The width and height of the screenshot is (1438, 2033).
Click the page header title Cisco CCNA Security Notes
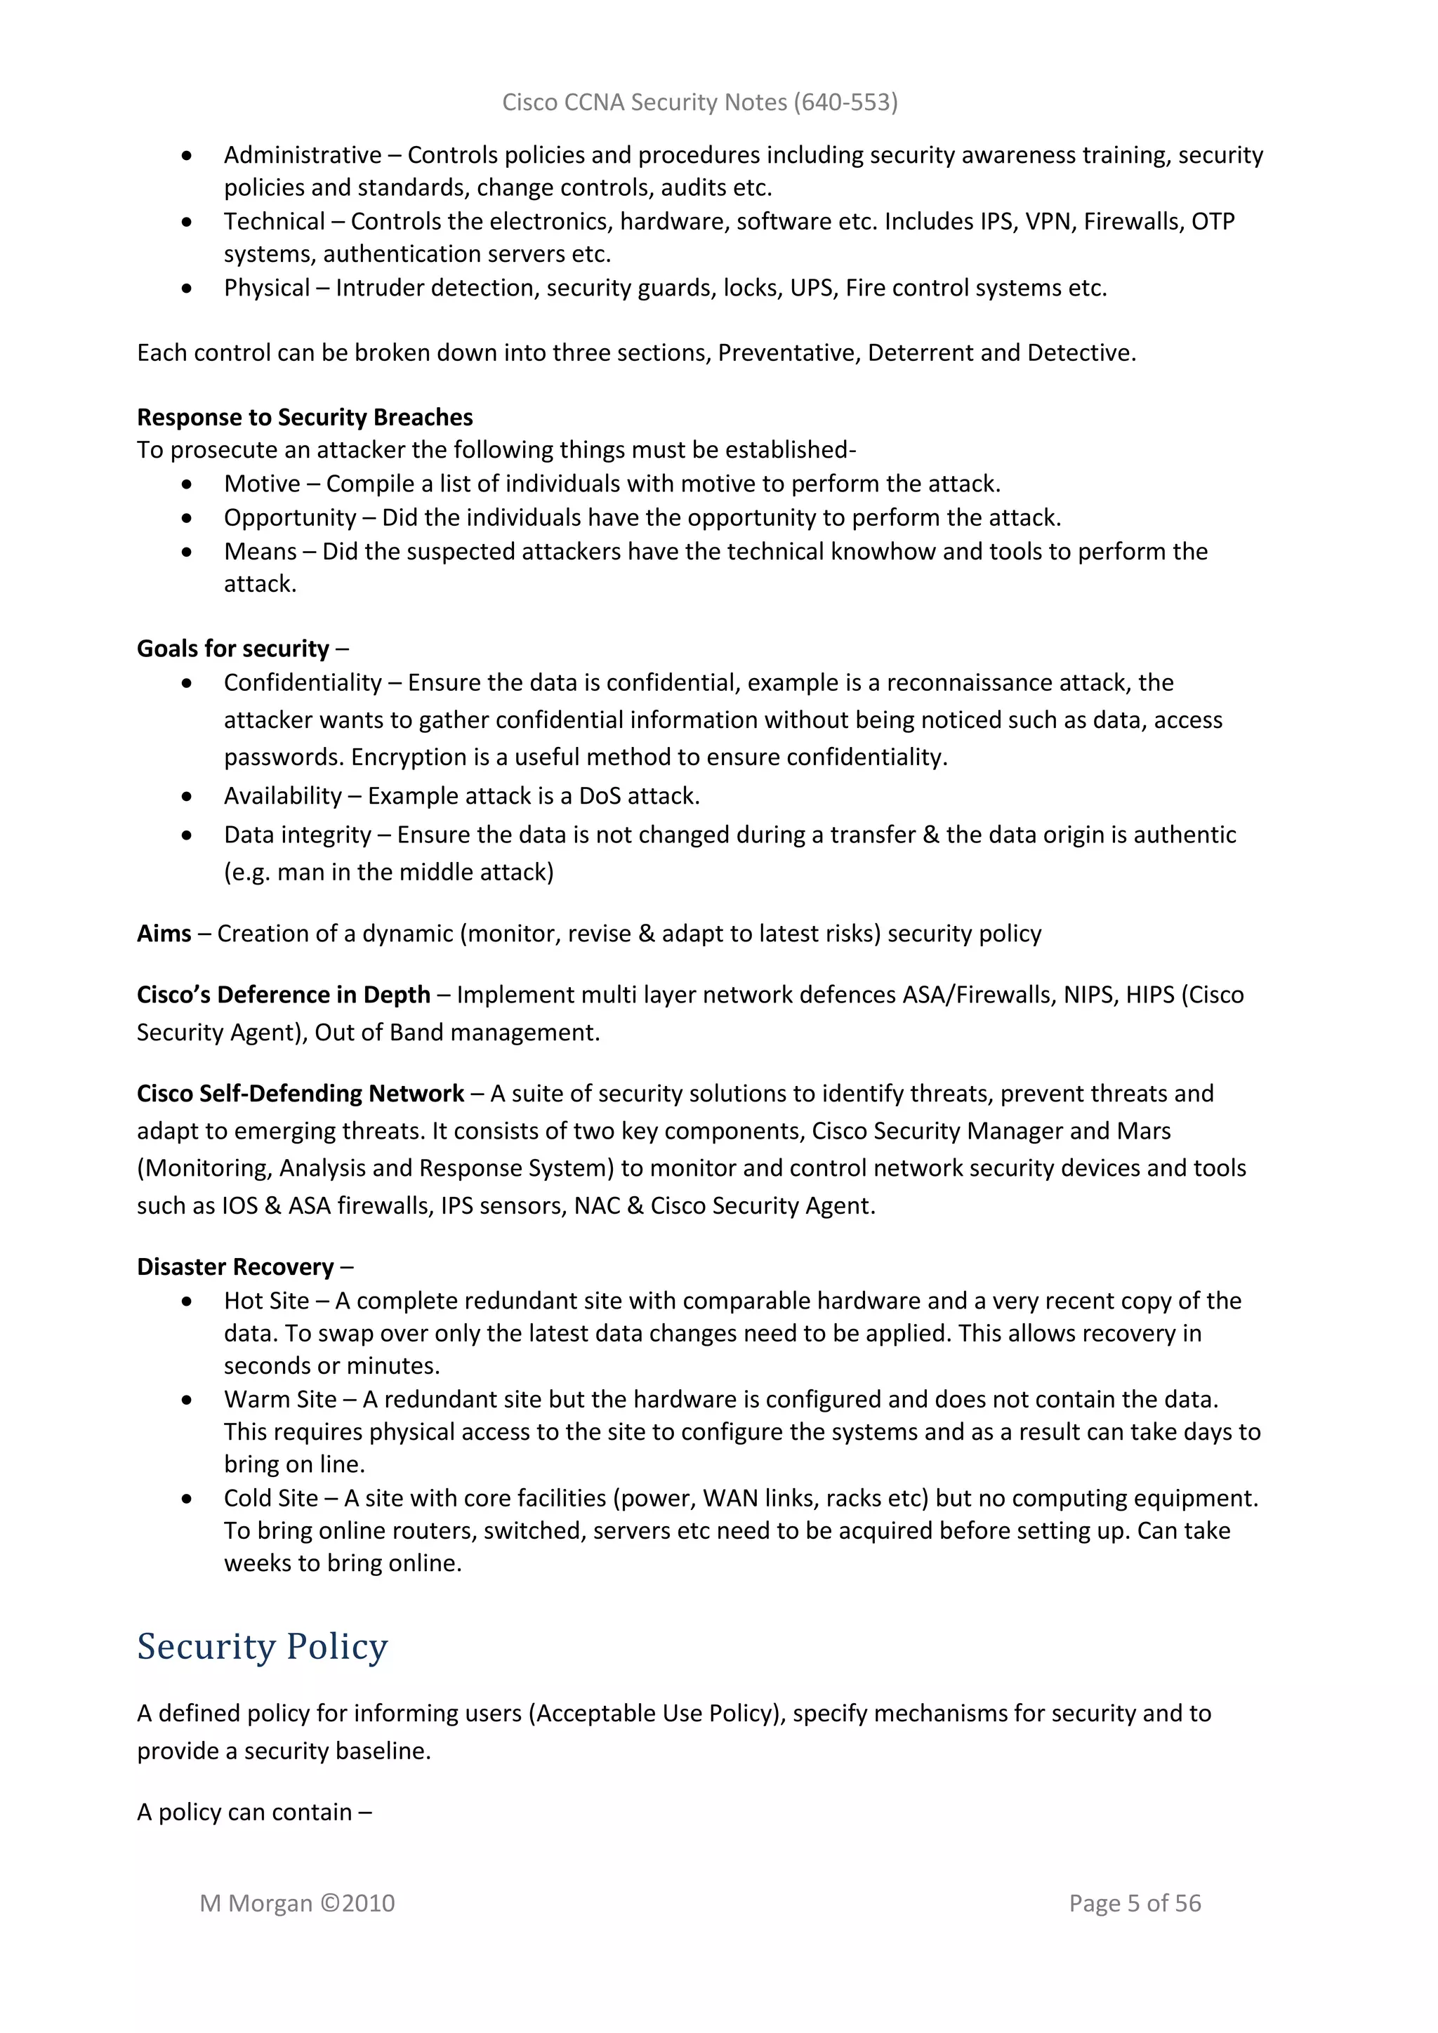point(699,102)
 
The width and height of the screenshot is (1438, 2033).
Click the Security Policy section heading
point(262,1647)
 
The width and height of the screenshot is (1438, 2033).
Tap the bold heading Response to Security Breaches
point(305,417)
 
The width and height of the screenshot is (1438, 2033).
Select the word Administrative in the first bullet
point(302,155)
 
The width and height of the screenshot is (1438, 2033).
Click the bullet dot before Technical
point(187,223)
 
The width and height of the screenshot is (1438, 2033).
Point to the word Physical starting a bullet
point(267,288)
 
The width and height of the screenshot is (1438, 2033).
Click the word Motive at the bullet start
point(262,484)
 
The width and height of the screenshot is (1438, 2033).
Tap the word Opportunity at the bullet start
point(289,518)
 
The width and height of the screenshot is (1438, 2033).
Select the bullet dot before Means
point(187,552)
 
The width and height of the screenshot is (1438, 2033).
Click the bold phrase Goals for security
point(233,649)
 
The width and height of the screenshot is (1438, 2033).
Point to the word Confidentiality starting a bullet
point(302,682)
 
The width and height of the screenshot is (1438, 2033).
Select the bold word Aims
point(164,934)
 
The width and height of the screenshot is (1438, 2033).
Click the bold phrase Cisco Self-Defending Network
point(301,1094)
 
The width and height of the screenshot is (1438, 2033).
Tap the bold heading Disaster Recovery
point(235,1267)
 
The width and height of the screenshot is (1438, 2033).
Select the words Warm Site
point(280,1399)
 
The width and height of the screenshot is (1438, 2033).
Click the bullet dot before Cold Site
point(187,1499)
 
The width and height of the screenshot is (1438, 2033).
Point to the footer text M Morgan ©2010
point(298,1903)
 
